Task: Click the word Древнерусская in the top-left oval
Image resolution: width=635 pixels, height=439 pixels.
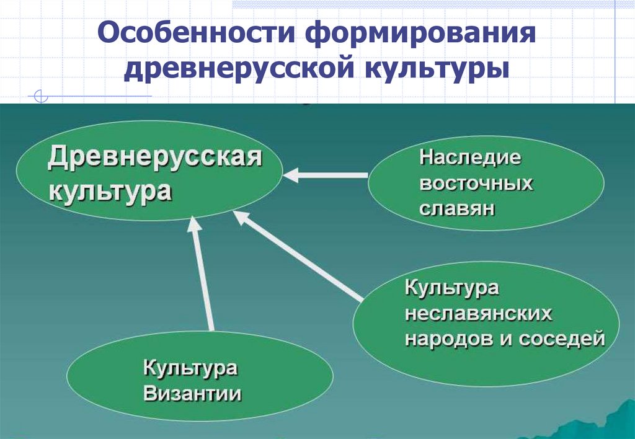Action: coord(156,158)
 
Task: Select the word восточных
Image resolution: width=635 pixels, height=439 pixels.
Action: coord(476,184)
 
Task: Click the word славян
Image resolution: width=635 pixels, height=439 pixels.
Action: coord(458,209)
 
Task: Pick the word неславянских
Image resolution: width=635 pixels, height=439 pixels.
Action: coord(478,313)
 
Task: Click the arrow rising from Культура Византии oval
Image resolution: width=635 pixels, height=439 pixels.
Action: coord(203,273)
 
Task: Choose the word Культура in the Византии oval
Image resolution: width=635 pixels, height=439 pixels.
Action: coord(190,368)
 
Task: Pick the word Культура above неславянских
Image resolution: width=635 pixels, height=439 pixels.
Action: coord(452,288)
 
